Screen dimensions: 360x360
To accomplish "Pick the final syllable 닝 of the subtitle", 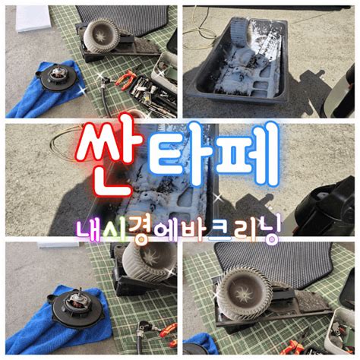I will click(x=267, y=230).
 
